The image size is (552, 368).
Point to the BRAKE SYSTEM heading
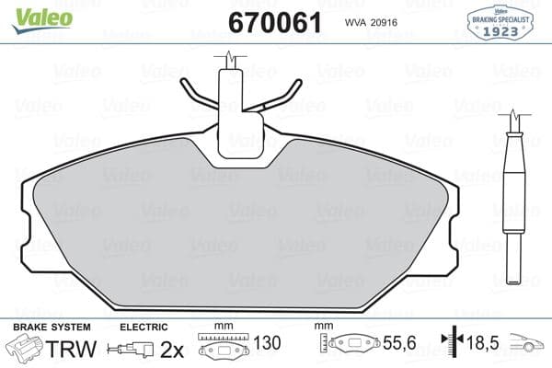tap(51, 327)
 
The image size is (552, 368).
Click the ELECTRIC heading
tap(144, 327)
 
